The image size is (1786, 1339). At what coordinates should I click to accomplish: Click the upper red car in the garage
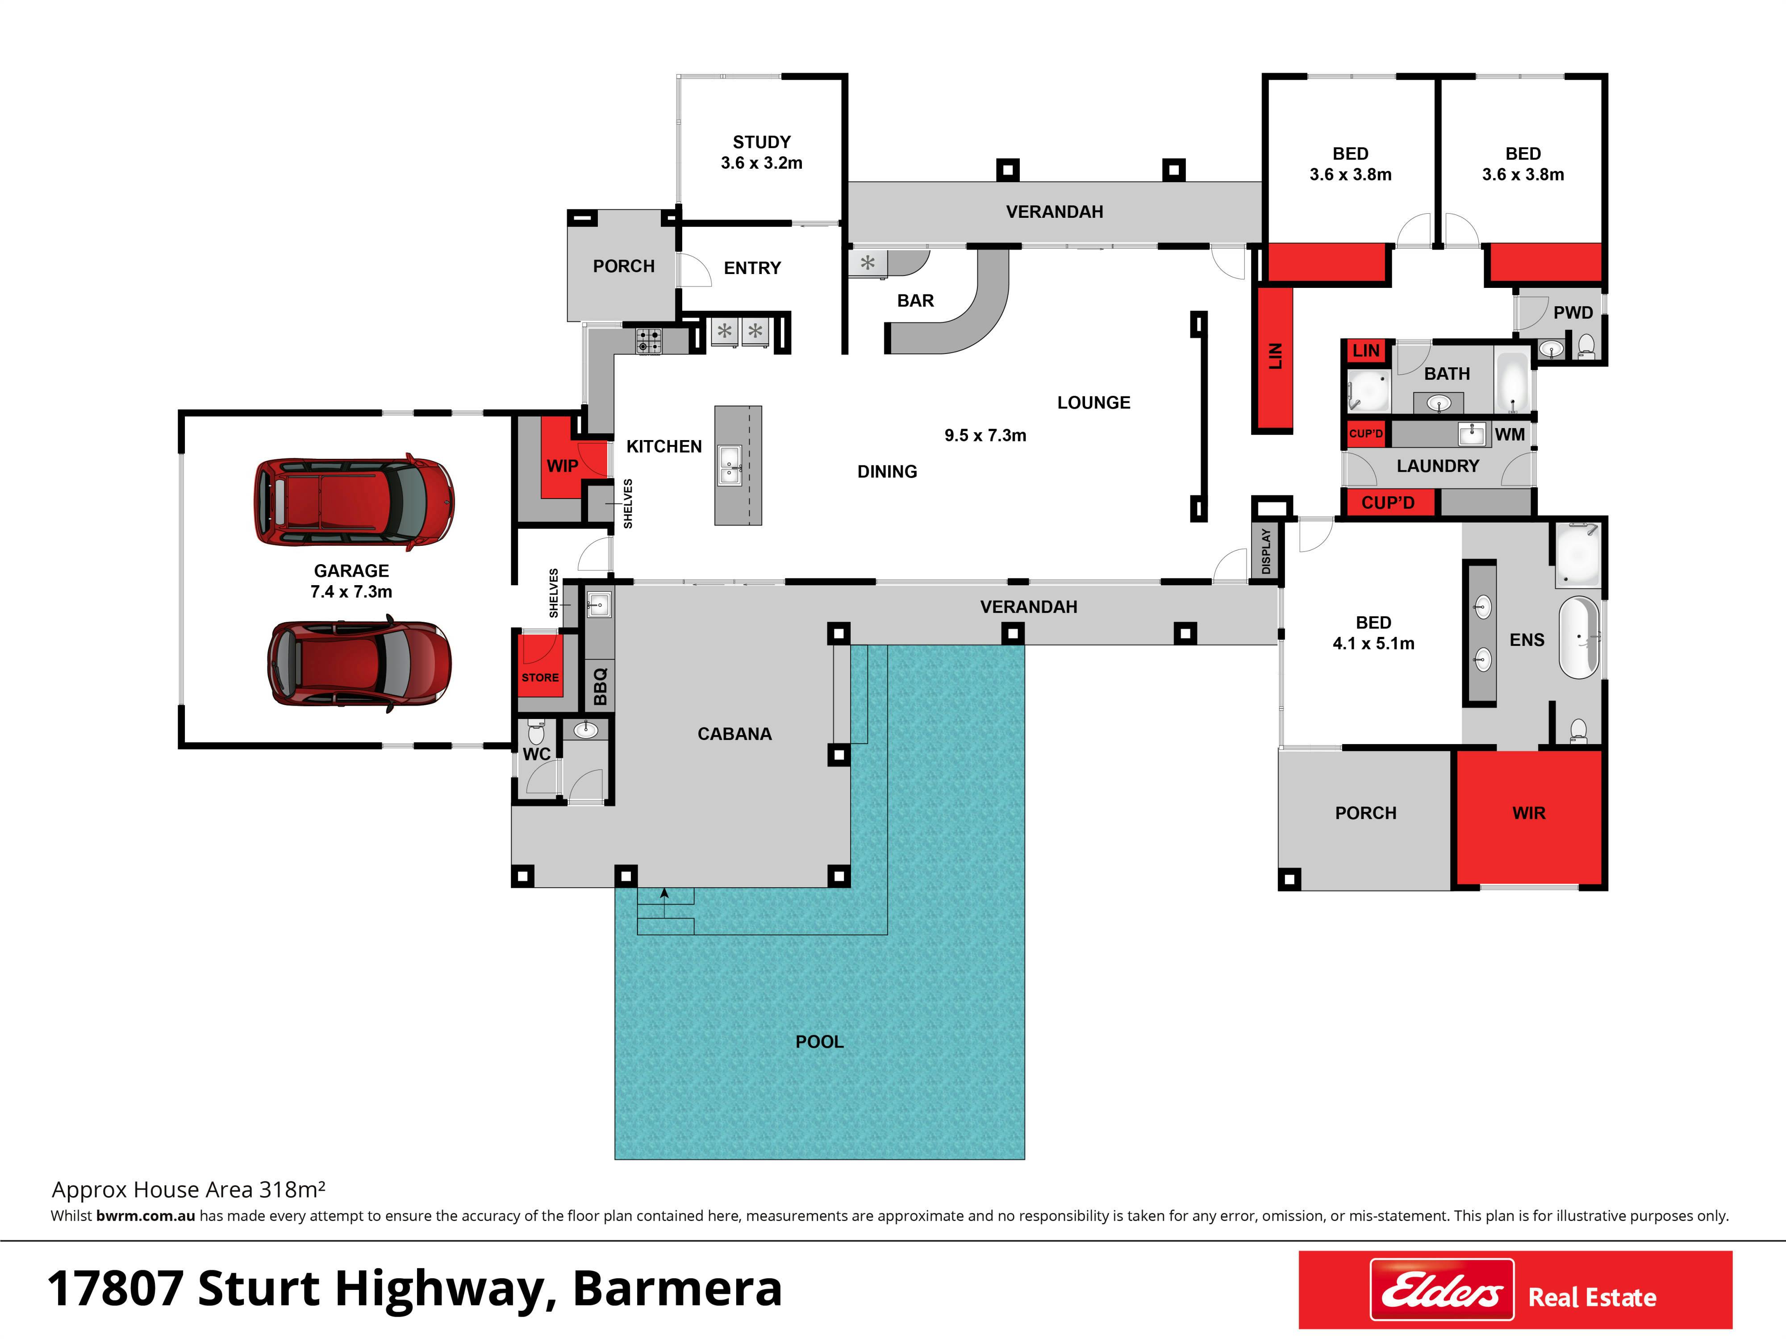(x=354, y=502)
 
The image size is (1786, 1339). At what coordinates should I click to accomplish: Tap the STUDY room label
(x=761, y=142)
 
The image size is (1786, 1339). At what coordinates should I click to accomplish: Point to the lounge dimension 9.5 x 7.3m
(x=985, y=435)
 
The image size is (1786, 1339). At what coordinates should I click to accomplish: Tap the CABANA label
(x=735, y=734)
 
